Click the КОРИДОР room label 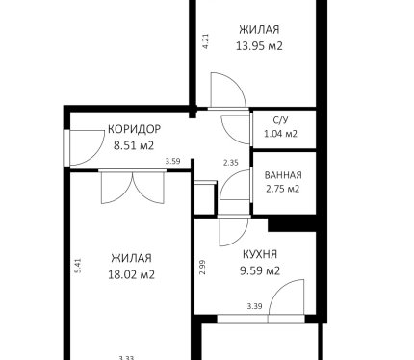(x=134, y=129)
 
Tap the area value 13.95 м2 (x=259, y=46)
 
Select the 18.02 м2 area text (x=132, y=274)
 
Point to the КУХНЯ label (x=260, y=254)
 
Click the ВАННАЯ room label (x=283, y=175)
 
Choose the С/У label (x=280, y=120)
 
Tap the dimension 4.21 (x=206, y=41)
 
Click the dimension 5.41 (x=78, y=266)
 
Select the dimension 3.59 (x=172, y=161)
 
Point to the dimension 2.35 (x=231, y=163)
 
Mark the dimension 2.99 (x=202, y=267)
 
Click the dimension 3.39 (x=254, y=306)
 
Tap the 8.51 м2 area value (x=134, y=145)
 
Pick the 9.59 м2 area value (x=260, y=270)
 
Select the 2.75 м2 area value (x=283, y=189)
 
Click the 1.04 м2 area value (x=280, y=134)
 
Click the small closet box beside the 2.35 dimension (x=205, y=198)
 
